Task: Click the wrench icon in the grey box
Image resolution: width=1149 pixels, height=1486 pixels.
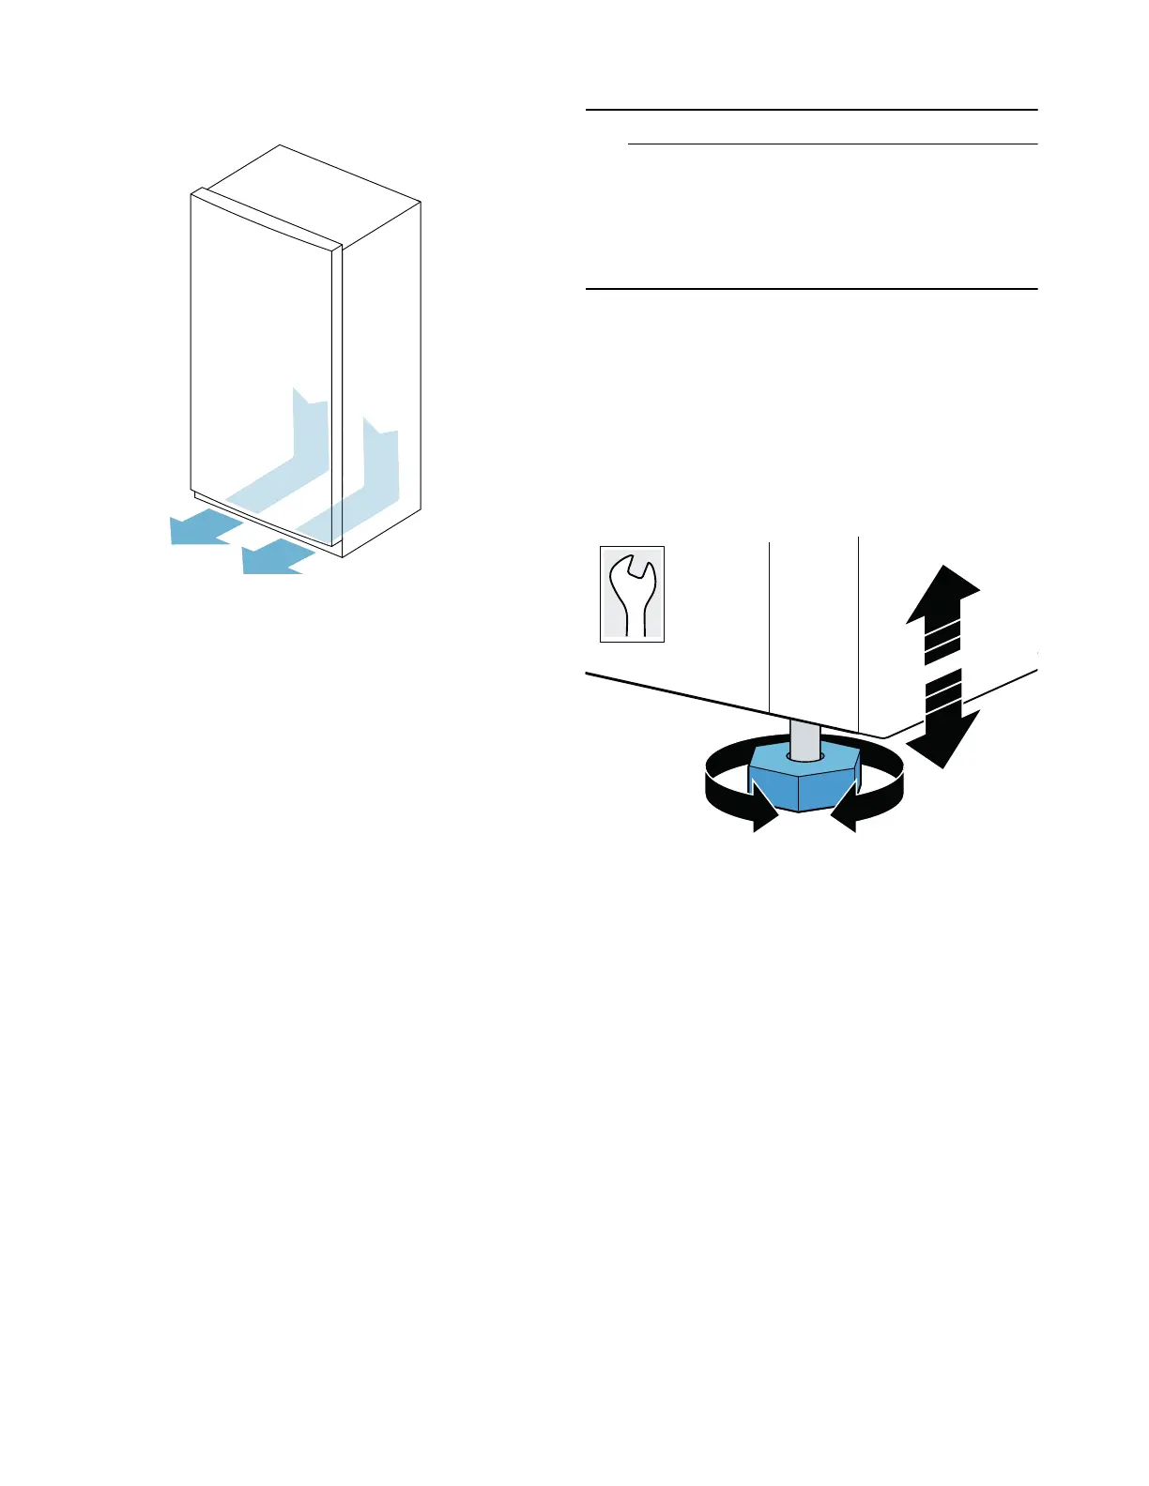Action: pyautogui.click(x=633, y=595)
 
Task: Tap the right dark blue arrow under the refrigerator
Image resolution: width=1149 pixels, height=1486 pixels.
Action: pyautogui.click(x=274, y=557)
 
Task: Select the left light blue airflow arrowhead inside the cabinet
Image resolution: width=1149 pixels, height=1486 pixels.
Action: pyautogui.click(x=310, y=413)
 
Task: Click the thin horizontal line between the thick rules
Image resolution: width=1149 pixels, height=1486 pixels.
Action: pyautogui.click(x=832, y=144)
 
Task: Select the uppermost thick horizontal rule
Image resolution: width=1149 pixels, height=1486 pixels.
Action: pyautogui.click(x=811, y=110)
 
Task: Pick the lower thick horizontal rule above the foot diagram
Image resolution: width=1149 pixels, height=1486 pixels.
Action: pyautogui.click(x=811, y=289)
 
